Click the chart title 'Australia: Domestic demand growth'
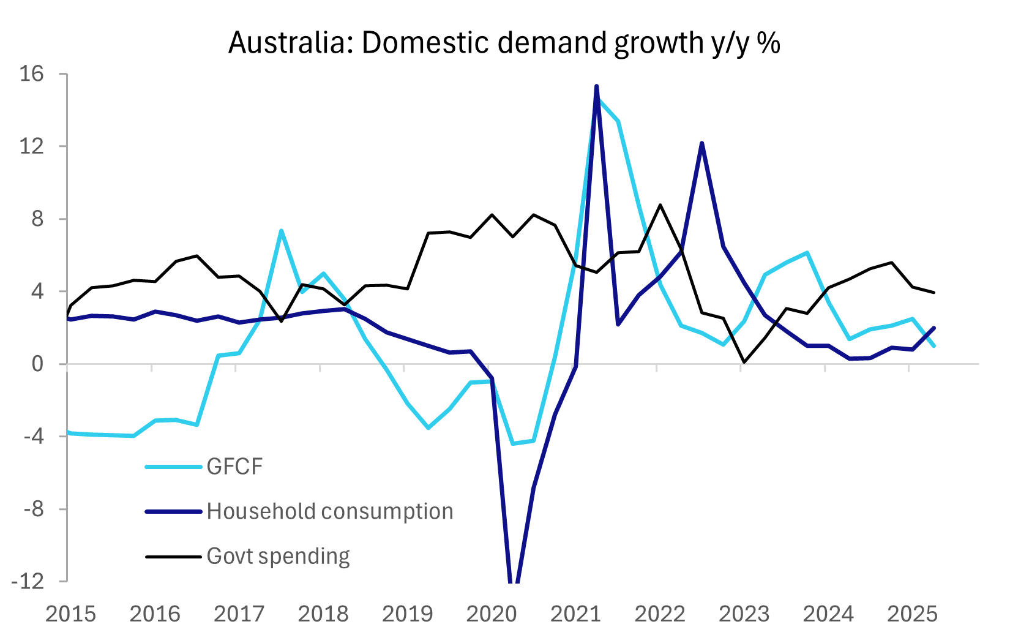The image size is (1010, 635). [x=504, y=43]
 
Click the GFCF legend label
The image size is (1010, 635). [x=234, y=467]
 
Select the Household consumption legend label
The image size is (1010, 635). [x=330, y=511]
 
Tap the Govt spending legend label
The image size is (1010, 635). [x=278, y=556]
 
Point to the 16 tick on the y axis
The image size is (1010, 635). [x=32, y=74]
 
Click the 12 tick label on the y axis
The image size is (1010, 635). [x=32, y=146]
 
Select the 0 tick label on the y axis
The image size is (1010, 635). [x=38, y=364]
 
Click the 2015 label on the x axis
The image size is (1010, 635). [x=71, y=614]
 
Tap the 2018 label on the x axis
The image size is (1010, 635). [x=323, y=614]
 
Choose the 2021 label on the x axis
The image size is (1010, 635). [x=575, y=614]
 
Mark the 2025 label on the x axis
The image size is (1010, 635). [x=912, y=614]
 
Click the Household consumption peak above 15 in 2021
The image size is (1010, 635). [x=596, y=86]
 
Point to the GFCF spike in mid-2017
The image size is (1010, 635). [x=281, y=231]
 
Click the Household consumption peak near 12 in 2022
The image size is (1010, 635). [x=701, y=143]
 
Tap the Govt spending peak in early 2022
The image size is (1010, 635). [x=660, y=205]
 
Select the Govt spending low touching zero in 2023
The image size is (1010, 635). [x=744, y=363]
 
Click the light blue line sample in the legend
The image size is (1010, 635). [x=173, y=467]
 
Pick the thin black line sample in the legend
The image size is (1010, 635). [x=173, y=557]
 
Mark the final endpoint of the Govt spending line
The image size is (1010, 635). [x=934, y=293]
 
